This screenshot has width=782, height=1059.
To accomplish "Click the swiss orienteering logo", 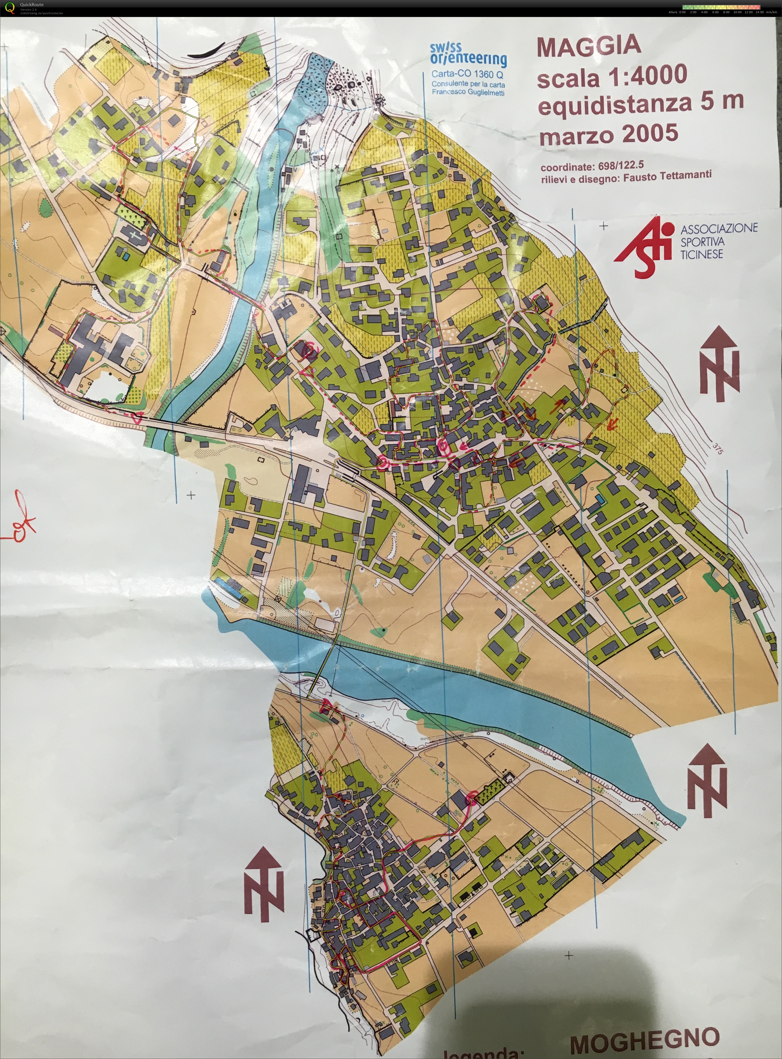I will [468, 55].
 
